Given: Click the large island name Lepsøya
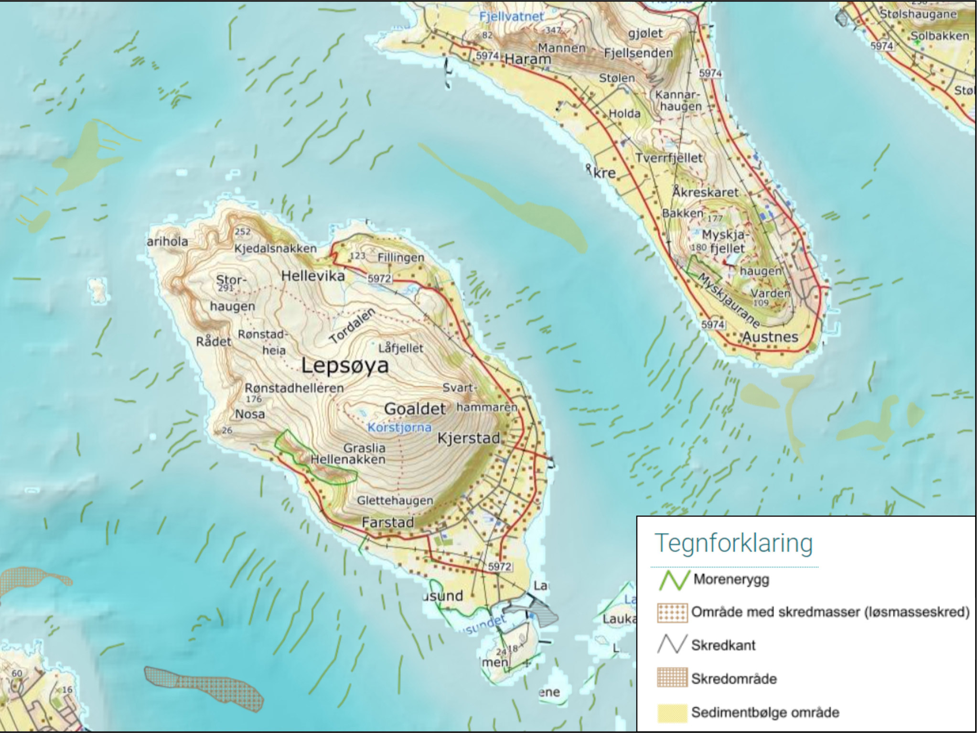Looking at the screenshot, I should [345, 366].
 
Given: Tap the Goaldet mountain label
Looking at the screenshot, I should [415, 409].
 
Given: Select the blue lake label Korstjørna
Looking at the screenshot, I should [399, 427].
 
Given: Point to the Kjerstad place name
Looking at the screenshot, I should [469, 438].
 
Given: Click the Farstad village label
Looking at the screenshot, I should [387, 522].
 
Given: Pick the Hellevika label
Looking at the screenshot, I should [313, 276].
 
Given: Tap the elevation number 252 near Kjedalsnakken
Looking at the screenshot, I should [242, 232].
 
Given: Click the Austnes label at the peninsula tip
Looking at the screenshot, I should [770, 337].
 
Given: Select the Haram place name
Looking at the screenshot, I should [527, 59].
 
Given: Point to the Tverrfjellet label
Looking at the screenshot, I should [669, 158].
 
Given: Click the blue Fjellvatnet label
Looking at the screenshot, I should [511, 17].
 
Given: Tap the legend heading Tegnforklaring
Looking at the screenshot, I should [733, 543].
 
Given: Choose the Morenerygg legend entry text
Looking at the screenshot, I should [731, 580].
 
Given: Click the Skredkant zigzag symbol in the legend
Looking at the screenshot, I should [672, 645].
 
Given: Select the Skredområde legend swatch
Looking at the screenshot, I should [672, 678].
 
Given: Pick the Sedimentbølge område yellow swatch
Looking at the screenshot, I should [672, 712].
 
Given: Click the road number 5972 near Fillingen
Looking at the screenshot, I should [379, 278].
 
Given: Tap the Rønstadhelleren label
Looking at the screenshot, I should [294, 388].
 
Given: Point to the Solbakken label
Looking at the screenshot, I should [939, 36].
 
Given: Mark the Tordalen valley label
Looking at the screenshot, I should [353, 326].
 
